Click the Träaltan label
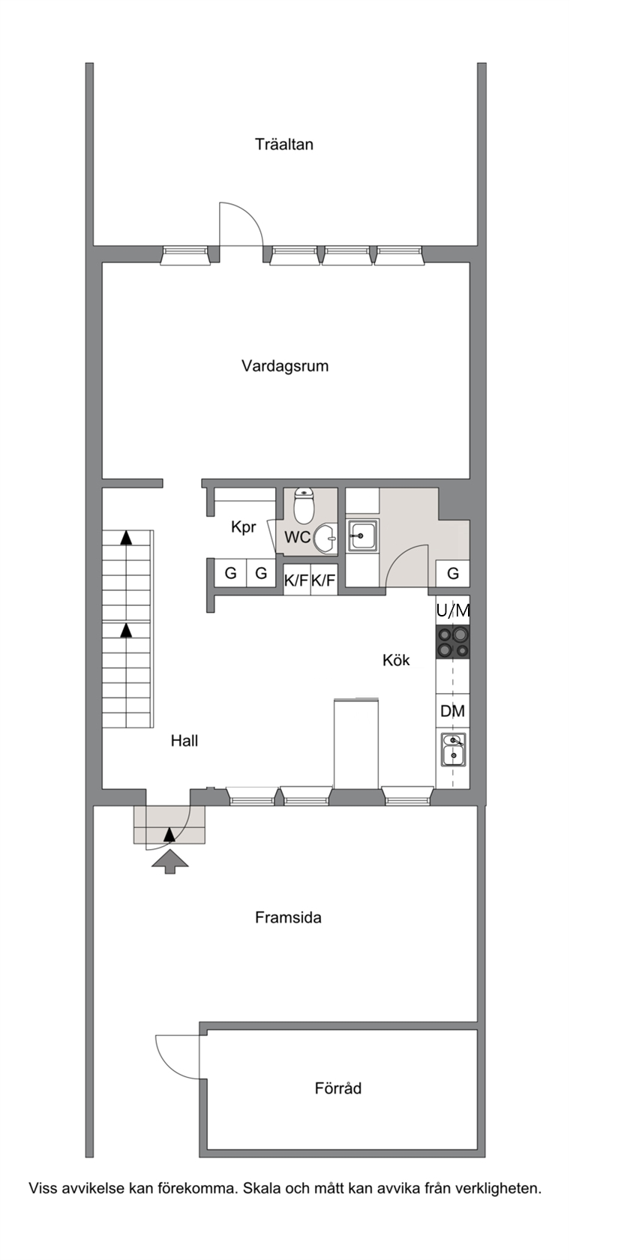click(284, 145)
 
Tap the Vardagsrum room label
click(285, 366)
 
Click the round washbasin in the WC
click(324, 538)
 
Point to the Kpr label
click(244, 528)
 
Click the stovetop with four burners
click(453, 642)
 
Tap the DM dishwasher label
click(453, 712)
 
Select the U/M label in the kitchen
click(453, 610)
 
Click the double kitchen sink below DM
click(453, 749)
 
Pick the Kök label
click(397, 660)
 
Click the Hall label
click(184, 741)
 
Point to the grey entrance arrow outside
click(170, 861)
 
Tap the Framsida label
click(289, 918)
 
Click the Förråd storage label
click(338, 1088)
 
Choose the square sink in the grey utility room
click(362, 535)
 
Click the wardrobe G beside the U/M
click(453, 574)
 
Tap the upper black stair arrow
click(127, 538)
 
